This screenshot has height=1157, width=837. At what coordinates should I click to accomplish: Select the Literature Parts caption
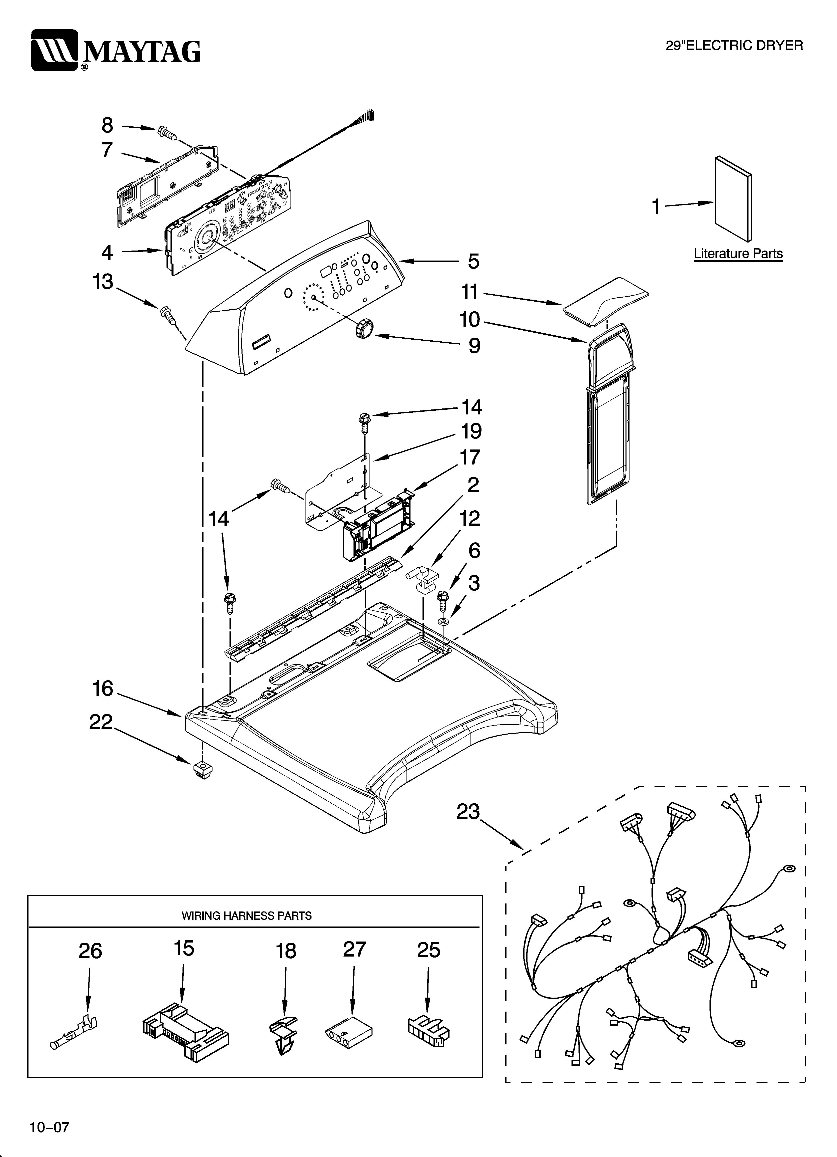click(737, 254)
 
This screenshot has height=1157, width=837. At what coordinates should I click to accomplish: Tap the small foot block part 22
click(202, 769)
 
